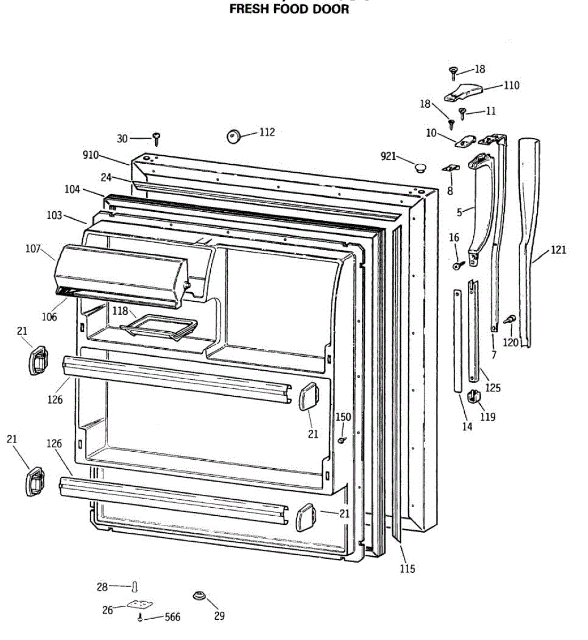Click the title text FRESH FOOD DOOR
coord(289,9)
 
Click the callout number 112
coord(267,132)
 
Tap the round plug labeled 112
coord(233,136)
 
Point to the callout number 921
coord(388,156)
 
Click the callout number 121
coord(558,250)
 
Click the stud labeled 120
coord(509,319)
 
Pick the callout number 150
coord(343,417)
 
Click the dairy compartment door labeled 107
coord(120,275)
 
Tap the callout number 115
coord(407,569)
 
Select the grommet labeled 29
coord(199,595)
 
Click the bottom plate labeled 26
coord(140,605)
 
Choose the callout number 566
coord(172,617)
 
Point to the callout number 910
coord(90,155)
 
